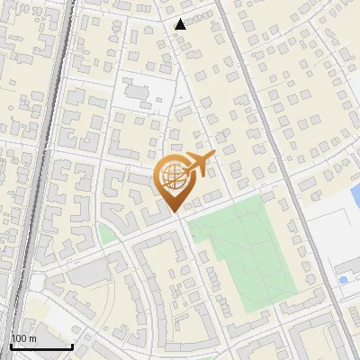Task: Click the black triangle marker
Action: tap(181, 24)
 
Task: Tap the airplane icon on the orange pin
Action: tap(199, 163)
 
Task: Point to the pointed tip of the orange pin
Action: tap(175, 211)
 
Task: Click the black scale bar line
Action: tap(41, 346)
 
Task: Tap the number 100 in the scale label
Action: tap(19, 338)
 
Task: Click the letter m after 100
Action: tap(32, 338)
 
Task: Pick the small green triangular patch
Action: tap(105, 235)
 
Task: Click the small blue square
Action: tap(343, 281)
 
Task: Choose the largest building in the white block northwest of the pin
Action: tap(135, 91)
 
